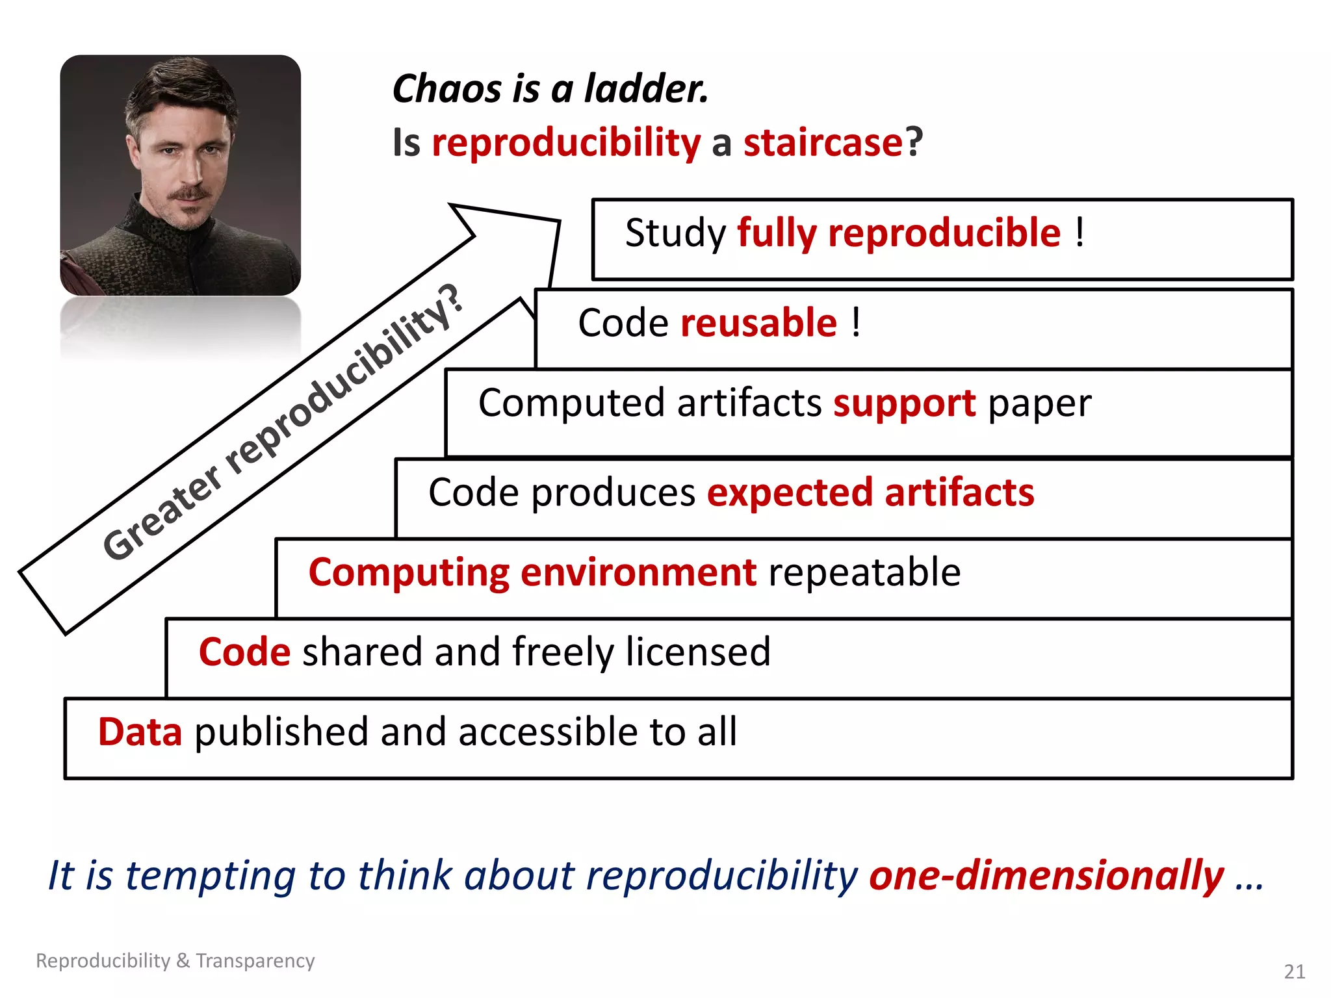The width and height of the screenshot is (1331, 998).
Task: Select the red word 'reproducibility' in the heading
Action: (566, 144)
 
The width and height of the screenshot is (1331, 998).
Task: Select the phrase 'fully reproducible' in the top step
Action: (899, 233)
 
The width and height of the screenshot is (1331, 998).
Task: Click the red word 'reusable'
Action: (758, 323)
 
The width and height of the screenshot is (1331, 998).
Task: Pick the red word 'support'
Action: (904, 403)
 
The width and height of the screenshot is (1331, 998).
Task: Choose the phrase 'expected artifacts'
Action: (870, 493)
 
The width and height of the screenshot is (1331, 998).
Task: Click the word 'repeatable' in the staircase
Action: (864, 572)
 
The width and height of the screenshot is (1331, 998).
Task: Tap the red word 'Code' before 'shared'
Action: (244, 652)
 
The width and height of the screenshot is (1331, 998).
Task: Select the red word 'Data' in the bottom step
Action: (140, 732)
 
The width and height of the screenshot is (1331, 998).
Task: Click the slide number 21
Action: (1294, 971)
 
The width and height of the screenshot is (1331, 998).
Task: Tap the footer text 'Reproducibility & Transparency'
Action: (175, 960)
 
